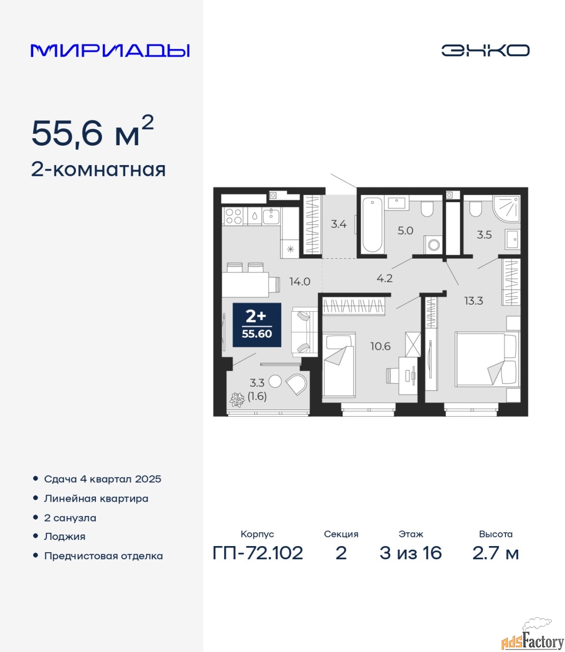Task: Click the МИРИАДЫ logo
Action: (x=110, y=50)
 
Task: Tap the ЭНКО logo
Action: (x=485, y=50)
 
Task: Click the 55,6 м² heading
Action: (x=92, y=131)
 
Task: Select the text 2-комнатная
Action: (x=98, y=170)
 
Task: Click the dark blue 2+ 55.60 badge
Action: (x=257, y=325)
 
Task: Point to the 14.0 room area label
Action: (x=300, y=281)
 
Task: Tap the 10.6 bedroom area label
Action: (x=381, y=346)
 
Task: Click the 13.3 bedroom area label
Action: (x=473, y=301)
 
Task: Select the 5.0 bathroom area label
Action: (x=406, y=231)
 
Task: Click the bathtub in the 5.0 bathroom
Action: (x=372, y=225)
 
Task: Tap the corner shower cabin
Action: (x=506, y=208)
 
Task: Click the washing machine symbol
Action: (x=434, y=245)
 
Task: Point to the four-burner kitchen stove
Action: (x=234, y=216)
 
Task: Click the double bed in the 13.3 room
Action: (x=487, y=359)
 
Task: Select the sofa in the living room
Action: (x=305, y=332)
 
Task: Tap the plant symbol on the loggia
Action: (x=237, y=400)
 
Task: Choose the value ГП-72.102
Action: (x=258, y=553)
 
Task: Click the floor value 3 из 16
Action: (x=411, y=553)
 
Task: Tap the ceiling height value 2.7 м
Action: (x=496, y=553)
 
